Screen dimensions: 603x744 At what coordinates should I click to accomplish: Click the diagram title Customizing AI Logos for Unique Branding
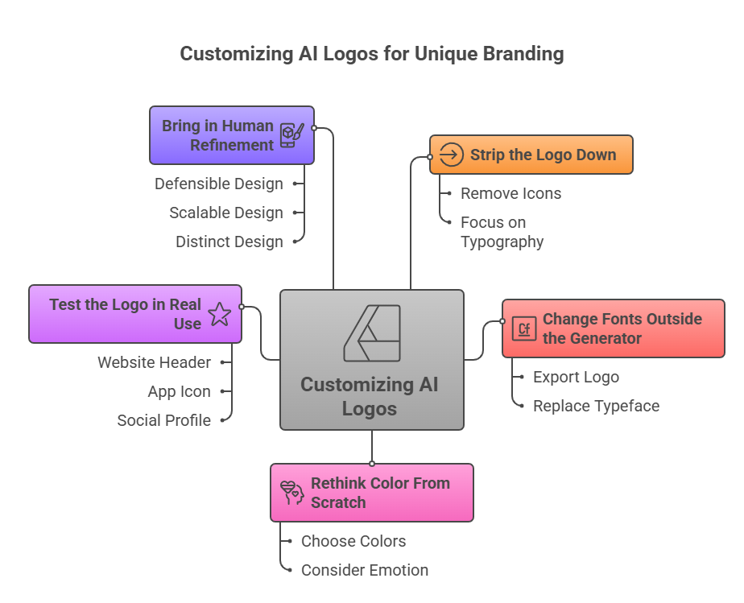[371, 54]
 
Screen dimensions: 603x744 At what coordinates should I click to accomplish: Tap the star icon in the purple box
[220, 314]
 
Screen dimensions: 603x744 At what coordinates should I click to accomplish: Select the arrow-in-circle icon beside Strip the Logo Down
[452, 155]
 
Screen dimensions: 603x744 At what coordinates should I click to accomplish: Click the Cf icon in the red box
[524, 328]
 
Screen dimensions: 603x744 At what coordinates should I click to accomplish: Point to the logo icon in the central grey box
[372, 333]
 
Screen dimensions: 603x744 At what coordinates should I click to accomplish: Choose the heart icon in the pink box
[291, 492]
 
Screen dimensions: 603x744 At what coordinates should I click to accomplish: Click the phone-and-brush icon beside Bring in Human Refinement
[290, 135]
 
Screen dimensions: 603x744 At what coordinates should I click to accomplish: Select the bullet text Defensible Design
[219, 184]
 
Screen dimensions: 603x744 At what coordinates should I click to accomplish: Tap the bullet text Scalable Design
[226, 213]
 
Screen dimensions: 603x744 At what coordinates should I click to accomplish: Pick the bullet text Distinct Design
[229, 242]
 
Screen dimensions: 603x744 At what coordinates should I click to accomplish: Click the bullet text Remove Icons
[510, 193]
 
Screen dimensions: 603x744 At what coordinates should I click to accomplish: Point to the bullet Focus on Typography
[502, 232]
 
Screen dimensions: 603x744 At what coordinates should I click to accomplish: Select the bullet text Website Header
[155, 362]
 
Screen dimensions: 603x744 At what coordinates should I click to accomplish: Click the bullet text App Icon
[179, 391]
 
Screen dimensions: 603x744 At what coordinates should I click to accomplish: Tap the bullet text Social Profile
[164, 420]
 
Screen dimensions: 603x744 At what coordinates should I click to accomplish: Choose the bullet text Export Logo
[576, 377]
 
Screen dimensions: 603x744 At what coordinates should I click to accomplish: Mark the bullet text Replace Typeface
[596, 406]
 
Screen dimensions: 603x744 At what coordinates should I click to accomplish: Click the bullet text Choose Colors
[353, 541]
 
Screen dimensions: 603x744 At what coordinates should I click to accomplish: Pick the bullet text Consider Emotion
[365, 570]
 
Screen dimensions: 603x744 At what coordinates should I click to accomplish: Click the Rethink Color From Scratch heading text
[380, 493]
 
